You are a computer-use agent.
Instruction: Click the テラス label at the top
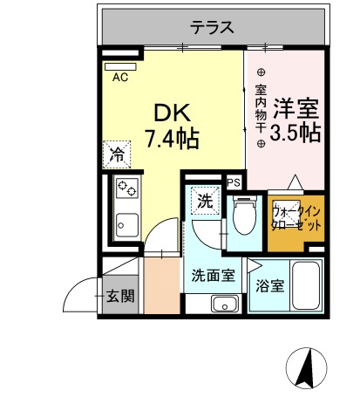click(x=214, y=27)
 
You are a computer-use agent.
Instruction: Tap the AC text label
click(x=120, y=77)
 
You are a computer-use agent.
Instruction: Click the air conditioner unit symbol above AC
click(x=119, y=65)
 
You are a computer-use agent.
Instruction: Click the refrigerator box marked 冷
click(x=116, y=155)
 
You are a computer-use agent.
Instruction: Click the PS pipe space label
click(x=234, y=182)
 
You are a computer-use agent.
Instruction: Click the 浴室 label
click(x=269, y=285)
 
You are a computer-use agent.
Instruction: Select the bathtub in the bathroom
click(x=306, y=285)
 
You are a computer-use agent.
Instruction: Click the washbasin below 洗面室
click(x=226, y=305)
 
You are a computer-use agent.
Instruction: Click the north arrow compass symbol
click(x=306, y=366)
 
